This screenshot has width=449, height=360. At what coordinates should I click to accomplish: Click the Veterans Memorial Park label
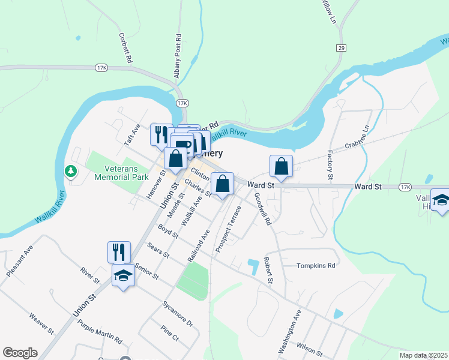pos(121,173)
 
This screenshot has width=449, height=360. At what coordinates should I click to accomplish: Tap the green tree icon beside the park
pos(71,172)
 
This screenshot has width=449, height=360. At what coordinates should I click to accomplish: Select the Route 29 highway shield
pos(341,47)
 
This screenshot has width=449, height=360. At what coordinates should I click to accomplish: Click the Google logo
pos(20,353)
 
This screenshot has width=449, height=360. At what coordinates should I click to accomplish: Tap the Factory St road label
pos(330,166)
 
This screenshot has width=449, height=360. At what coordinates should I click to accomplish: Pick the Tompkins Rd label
pos(315,265)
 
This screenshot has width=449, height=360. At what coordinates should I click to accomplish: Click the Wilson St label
pos(310,349)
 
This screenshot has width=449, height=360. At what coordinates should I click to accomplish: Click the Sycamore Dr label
pos(177,313)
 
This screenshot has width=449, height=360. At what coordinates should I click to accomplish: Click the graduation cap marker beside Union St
pos(124,277)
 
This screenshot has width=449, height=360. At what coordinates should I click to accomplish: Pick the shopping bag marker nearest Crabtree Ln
pos(281,166)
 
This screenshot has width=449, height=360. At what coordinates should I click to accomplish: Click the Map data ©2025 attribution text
pos(424,355)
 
